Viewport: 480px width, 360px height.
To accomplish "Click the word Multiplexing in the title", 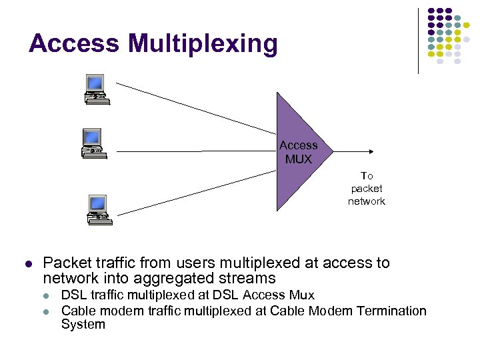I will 203,45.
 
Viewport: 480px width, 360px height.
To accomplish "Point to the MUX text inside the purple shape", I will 298,159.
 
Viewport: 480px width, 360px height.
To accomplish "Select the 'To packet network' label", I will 366,188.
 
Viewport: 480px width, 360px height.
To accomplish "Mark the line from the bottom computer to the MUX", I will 193,193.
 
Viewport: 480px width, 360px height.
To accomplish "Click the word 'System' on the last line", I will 83,325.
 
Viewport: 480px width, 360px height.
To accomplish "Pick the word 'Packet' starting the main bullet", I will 65,263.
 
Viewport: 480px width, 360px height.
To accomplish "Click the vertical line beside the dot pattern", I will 419,40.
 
